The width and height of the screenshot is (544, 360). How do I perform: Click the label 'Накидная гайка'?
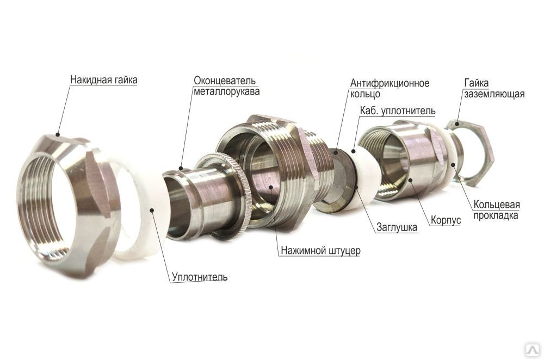pos(104,80)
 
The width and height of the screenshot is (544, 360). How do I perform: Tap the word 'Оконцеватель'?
pos(225,81)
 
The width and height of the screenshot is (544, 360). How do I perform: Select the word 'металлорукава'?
pos(226,92)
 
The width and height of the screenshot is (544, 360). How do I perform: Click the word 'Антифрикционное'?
pos(390,83)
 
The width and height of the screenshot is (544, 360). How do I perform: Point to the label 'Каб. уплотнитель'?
pos(397,111)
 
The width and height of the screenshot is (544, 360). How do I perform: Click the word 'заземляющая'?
pos(494,94)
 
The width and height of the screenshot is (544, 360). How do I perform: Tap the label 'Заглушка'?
pos(397,227)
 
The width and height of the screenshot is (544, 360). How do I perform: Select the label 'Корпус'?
pos(446,220)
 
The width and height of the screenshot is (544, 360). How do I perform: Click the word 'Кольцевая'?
pos(497,204)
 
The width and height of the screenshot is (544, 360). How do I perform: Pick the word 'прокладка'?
pos(496,216)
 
